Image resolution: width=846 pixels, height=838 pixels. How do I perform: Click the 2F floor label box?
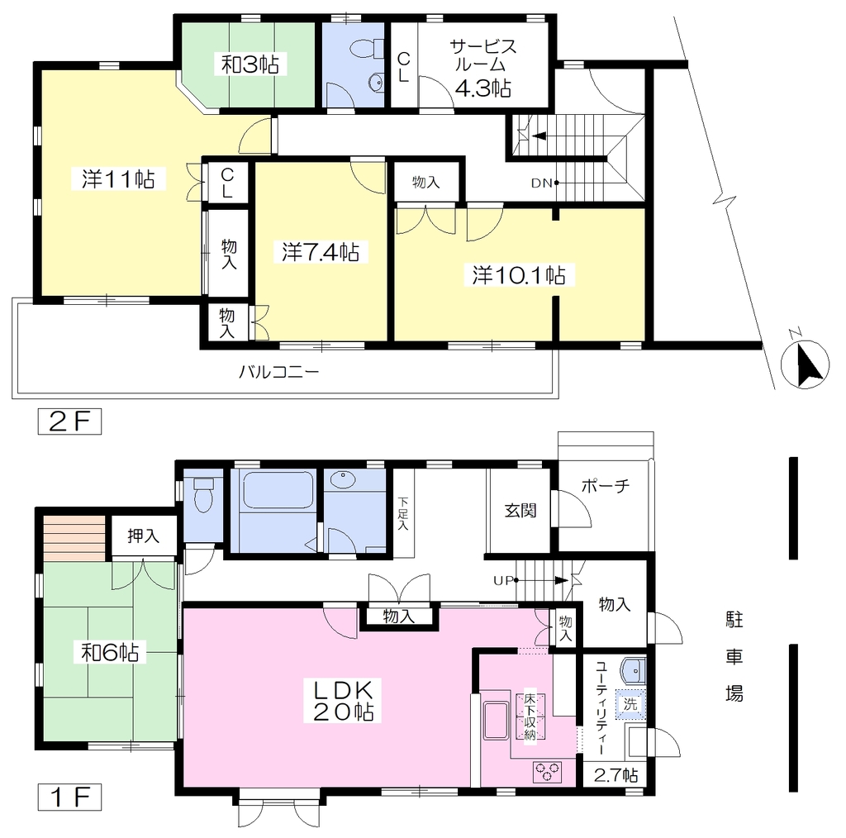[x=69, y=421]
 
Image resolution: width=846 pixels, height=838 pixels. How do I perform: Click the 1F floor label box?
[x=69, y=798]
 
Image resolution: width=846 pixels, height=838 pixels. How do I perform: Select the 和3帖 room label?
[x=250, y=64]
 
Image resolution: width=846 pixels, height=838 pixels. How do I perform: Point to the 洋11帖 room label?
[x=118, y=179]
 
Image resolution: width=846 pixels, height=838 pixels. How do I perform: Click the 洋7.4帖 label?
[x=321, y=252]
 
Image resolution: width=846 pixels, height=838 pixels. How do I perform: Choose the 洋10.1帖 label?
[x=519, y=274]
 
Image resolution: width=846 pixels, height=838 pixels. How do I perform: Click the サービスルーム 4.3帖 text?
[x=482, y=67]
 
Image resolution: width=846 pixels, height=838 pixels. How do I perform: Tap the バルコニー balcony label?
[x=279, y=372]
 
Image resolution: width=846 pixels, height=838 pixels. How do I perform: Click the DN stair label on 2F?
[x=541, y=183]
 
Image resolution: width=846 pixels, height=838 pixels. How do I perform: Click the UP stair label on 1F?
[x=503, y=581]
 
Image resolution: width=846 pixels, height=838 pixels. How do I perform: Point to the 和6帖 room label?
[x=110, y=652]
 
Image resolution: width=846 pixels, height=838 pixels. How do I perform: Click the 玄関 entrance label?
[x=520, y=511]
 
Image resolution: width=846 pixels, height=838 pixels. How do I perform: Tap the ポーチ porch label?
[x=606, y=486]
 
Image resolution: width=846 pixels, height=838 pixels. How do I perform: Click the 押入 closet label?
[x=144, y=536]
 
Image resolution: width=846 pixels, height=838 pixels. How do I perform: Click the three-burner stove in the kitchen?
[x=547, y=772]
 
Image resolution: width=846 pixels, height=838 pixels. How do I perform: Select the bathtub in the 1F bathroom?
[x=278, y=489]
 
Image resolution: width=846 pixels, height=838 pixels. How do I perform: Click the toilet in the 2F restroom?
[x=366, y=49]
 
